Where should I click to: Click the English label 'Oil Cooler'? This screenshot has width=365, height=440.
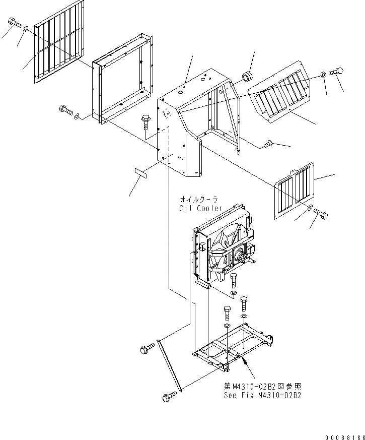tap(200, 208)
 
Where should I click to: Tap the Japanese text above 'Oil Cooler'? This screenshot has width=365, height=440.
tap(200, 200)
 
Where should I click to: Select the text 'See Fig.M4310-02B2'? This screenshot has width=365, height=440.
tap(262, 395)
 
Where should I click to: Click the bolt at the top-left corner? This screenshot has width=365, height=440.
tap(14, 22)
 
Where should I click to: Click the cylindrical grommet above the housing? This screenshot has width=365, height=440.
tap(247, 77)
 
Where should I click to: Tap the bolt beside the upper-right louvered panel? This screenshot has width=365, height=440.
tap(336, 72)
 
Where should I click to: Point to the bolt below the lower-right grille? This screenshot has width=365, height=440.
tap(320, 215)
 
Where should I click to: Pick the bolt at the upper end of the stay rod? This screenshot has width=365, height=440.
tap(147, 347)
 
